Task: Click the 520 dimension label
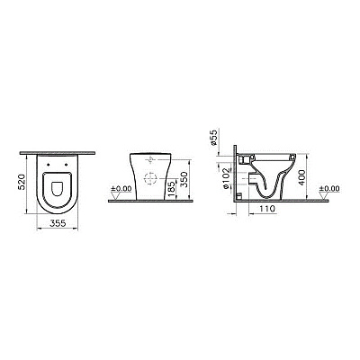(22, 182)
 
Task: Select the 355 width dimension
(58, 223)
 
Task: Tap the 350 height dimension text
(184, 179)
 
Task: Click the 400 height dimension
(301, 177)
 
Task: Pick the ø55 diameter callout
(215, 138)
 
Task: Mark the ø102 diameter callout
(226, 178)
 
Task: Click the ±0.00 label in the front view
(121, 189)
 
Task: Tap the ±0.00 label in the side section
(329, 189)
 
